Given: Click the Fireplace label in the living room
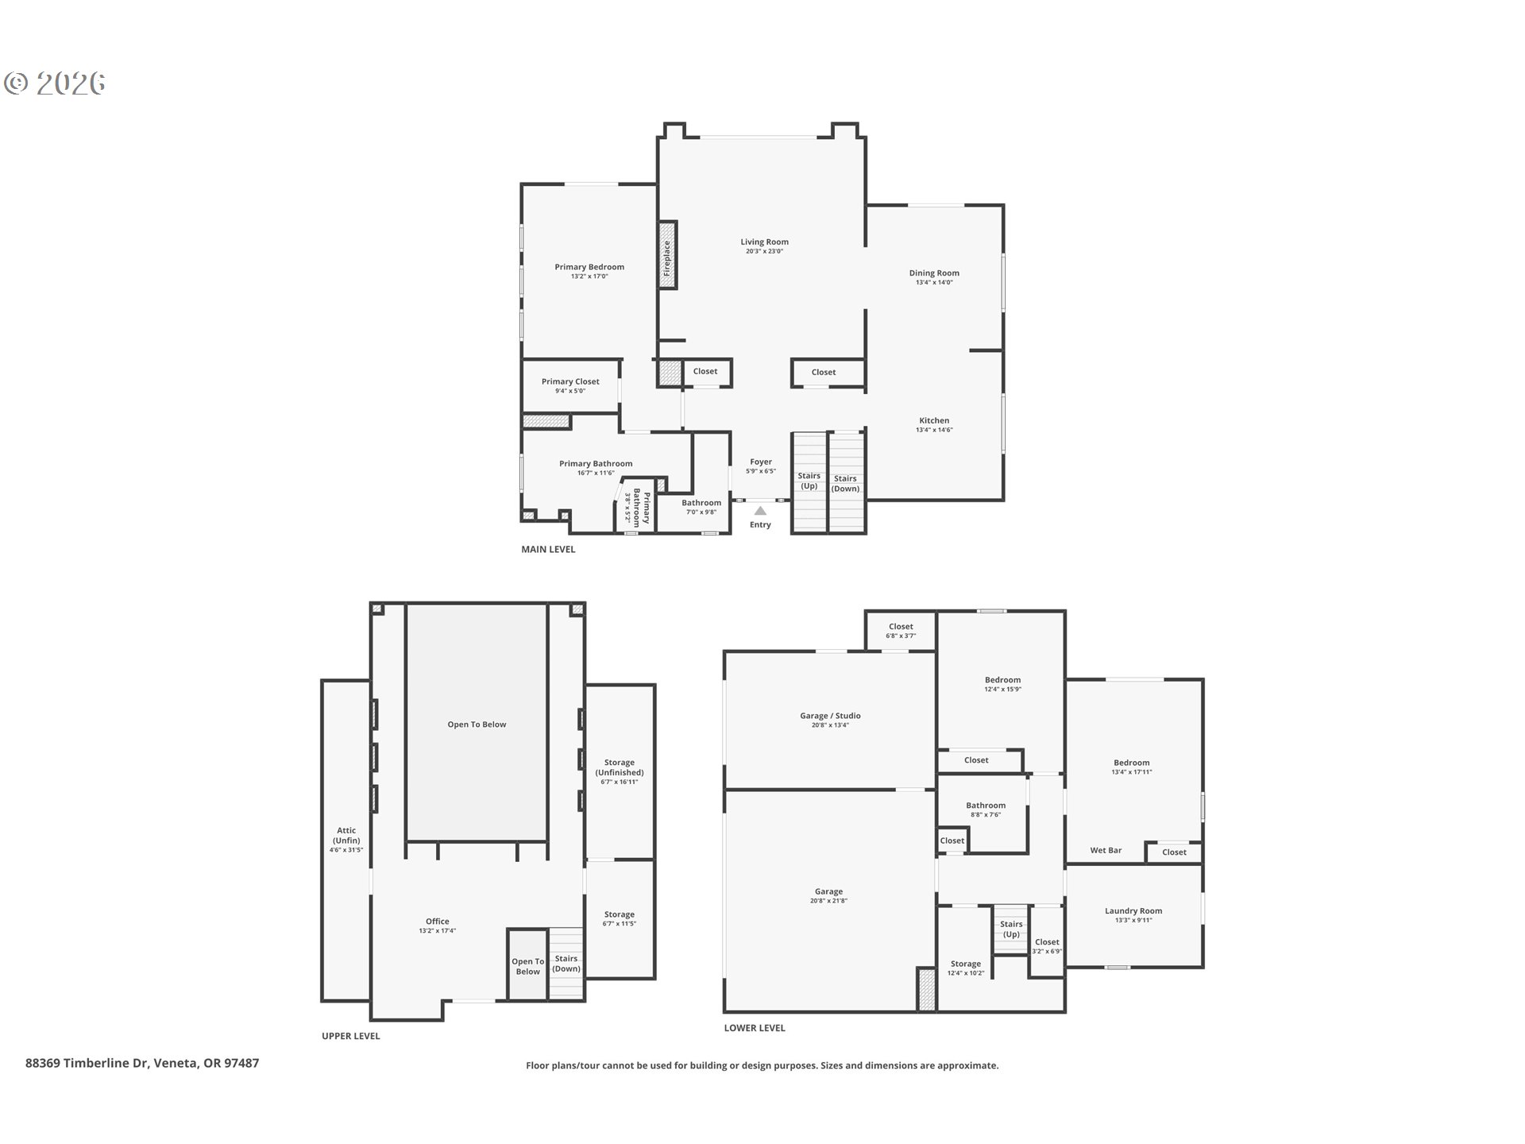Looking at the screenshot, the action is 667,258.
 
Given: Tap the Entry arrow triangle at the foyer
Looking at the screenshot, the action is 760,511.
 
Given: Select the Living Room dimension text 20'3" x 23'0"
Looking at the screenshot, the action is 764,251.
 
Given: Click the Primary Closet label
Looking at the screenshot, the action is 570,381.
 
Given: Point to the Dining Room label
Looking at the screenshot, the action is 934,273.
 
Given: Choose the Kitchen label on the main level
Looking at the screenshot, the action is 934,420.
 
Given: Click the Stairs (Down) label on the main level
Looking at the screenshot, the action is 845,483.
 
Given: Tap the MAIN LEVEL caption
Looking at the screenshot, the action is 548,549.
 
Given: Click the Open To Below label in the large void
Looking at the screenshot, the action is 477,725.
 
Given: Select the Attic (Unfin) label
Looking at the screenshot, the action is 346,835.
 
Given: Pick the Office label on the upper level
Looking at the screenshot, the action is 437,922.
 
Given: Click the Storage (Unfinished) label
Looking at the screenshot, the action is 620,767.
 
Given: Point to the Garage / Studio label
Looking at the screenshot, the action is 830,716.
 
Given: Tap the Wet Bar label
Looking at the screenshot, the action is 1106,850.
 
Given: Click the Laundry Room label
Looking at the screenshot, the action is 1133,911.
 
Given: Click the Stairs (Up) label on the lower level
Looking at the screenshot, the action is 1011,929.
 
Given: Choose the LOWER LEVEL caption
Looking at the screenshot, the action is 755,1027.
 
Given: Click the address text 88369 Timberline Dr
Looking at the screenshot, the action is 87,1063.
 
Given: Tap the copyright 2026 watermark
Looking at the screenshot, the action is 55,83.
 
